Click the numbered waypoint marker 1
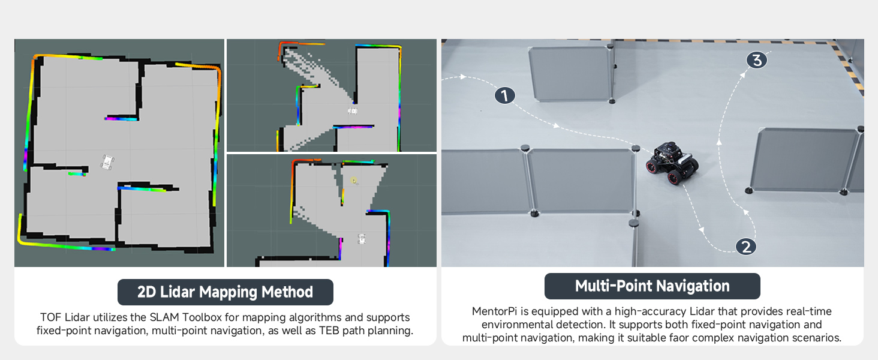click(x=504, y=95)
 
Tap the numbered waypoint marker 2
click(x=746, y=247)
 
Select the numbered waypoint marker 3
click(x=756, y=61)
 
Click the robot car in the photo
click(x=672, y=163)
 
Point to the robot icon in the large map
click(x=107, y=162)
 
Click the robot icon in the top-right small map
click(x=353, y=111)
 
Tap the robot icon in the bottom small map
click(x=362, y=239)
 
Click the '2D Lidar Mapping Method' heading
click(x=225, y=292)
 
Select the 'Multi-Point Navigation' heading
click(x=653, y=286)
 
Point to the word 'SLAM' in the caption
click(x=164, y=317)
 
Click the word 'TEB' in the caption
click(x=329, y=331)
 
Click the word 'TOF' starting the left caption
click(x=50, y=317)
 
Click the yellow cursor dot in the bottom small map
click(x=354, y=180)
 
